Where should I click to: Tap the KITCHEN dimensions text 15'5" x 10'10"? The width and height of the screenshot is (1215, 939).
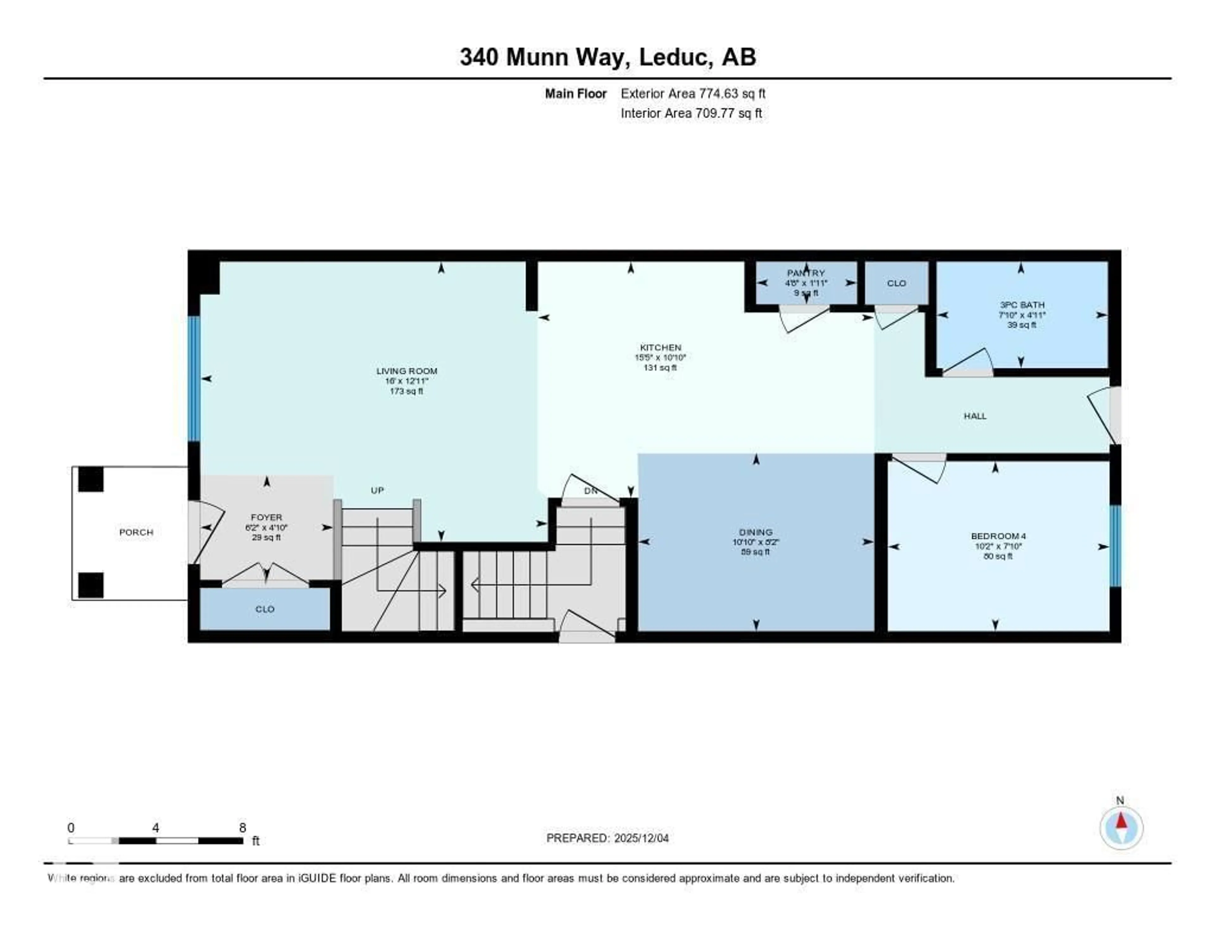(x=660, y=357)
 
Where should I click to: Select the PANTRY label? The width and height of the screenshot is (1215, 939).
(x=806, y=273)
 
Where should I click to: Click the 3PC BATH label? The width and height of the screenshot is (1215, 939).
(x=1022, y=305)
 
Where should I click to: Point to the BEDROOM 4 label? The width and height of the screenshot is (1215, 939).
(x=998, y=536)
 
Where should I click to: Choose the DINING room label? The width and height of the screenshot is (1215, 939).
(x=756, y=532)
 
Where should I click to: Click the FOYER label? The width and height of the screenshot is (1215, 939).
(x=266, y=517)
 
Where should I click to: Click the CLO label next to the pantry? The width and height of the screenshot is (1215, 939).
(x=896, y=283)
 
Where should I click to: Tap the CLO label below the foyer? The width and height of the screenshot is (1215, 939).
(x=265, y=609)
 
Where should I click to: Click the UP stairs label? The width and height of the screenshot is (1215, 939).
(x=377, y=490)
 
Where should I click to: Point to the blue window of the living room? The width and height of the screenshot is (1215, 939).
(x=194, y=379)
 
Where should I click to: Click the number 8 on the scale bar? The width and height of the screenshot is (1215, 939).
(x=243, y=828)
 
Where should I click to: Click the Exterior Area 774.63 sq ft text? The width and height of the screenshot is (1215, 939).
(x=693, y=93)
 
